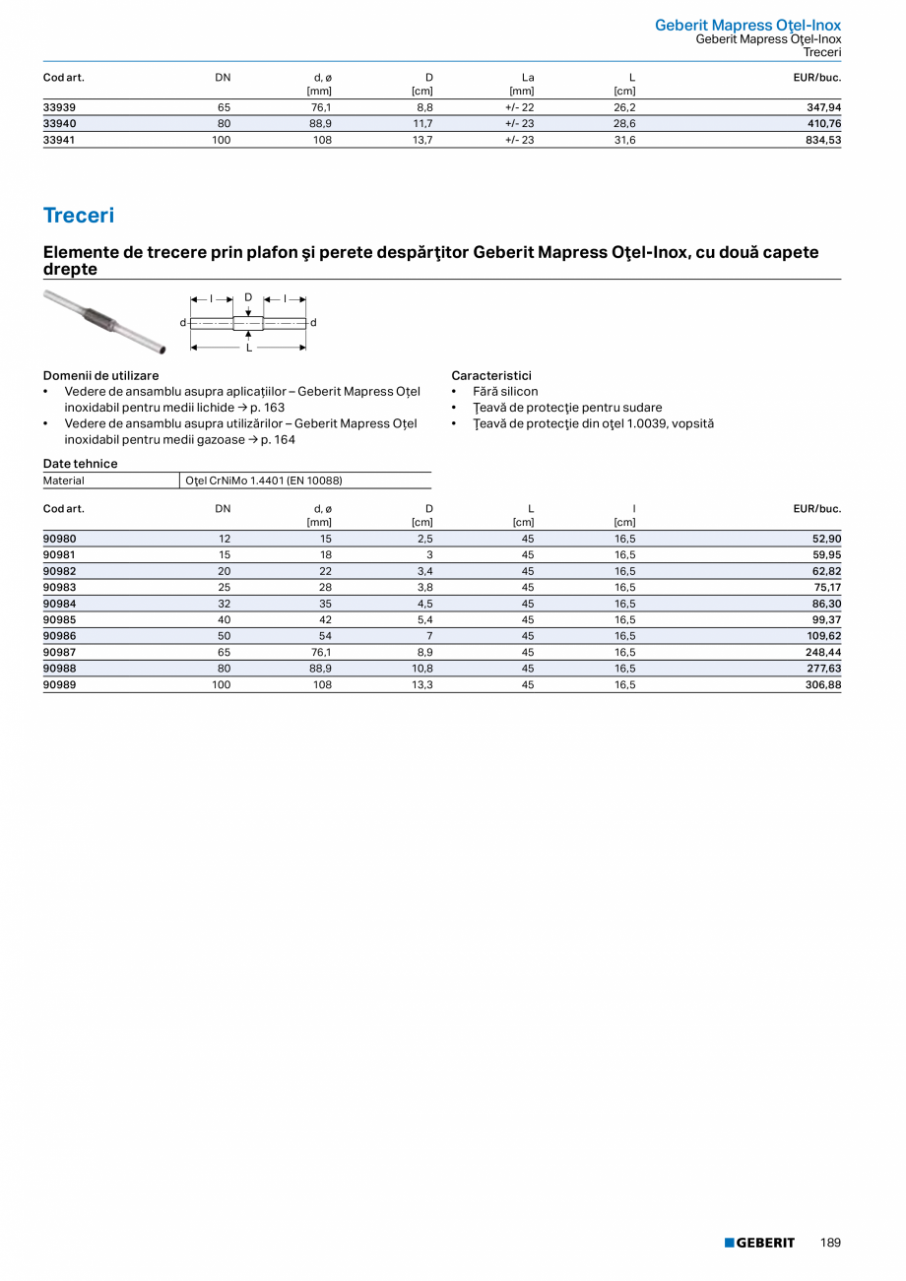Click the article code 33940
pos(60,124)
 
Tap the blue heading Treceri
pos(79,215)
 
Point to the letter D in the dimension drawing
pos(248,296)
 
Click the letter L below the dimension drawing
pos(248,348)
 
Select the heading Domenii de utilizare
pos(100,375)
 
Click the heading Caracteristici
pos(491,375)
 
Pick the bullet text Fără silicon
pos(505,391)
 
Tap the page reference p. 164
pos(278,439)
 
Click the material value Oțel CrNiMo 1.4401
pos(263,480)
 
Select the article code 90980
pos(60,539)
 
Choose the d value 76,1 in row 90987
pos(321,652)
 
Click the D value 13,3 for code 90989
pos(421,684)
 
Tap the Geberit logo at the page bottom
pos(759,1243)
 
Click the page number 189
pos(830,1243)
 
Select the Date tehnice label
pos(80,464)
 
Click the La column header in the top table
pos(528,77)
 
